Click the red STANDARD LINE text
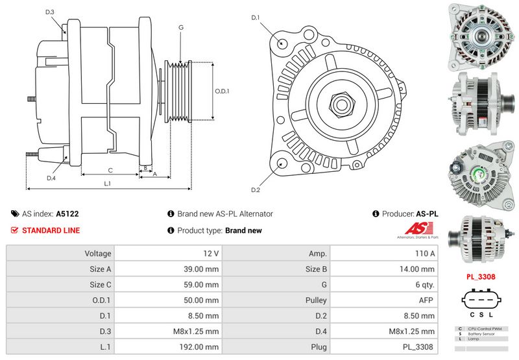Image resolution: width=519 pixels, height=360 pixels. tap(51, 230)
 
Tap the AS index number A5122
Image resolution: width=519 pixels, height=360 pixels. tap(67, 213)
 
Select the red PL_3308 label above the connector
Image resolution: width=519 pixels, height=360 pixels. tap(480, 276)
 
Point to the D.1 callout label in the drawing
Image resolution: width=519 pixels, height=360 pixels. tap(256, 18)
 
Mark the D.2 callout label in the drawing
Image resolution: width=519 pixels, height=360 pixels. tap(256, 189)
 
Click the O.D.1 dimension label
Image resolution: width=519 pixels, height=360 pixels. tap(222, 91)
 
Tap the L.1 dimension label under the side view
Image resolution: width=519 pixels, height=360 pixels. tap(108, 184)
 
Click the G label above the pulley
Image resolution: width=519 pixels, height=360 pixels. tap(181, 27)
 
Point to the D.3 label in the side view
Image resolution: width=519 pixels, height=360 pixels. tap(50, 12)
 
